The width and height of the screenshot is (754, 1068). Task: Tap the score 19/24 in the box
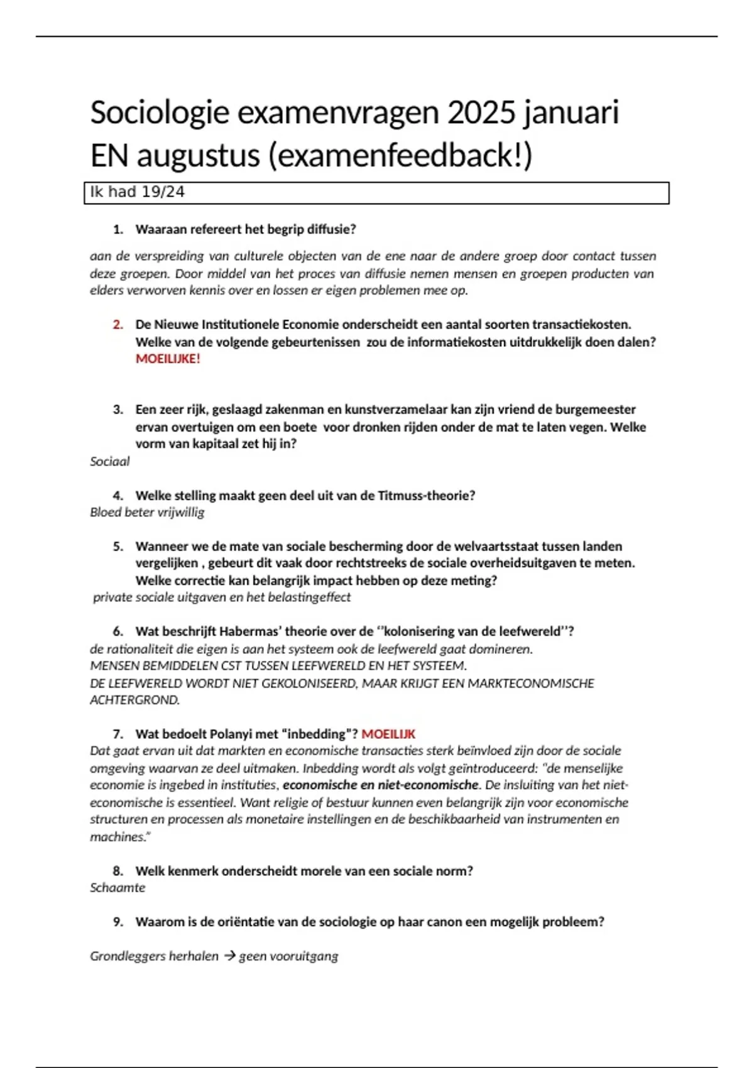[x=163, y=192]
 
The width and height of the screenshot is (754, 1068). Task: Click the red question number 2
[x=118, y=325]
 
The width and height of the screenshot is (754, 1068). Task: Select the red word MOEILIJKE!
[x=168, y=359]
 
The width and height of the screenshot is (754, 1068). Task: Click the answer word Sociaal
[x=110, y=462]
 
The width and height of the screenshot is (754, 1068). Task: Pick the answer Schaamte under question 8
[x=117, y=888]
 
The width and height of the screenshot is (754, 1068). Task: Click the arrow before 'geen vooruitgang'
[x=229, y=956]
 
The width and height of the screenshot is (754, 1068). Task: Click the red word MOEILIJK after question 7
[x=388, y=734]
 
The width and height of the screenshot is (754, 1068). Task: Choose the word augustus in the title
[x=198, y=156]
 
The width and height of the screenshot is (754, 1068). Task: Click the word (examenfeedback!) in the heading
[x=400, y=156]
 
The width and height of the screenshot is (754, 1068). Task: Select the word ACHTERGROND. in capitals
[x=134, y=700]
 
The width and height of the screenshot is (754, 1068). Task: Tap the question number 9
[x=118, y=922]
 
